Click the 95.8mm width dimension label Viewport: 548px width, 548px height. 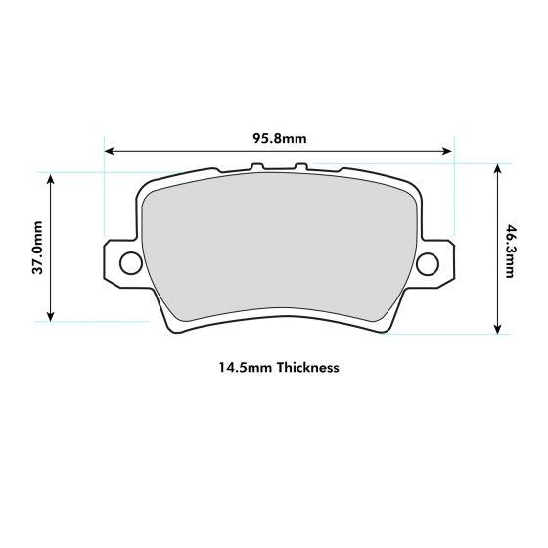click(279, 138)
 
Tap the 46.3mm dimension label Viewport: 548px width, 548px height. click(510, 251)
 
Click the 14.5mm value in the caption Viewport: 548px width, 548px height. click(246, 368)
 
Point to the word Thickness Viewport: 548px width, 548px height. click(307, 368)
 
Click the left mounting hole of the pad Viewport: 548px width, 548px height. click(129, 263)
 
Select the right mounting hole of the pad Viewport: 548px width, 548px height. click(428, 263)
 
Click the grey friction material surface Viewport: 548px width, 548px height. click(279, 254)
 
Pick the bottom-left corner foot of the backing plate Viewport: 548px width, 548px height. click(176, 328)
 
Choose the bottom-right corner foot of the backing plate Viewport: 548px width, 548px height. click(382, 328)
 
